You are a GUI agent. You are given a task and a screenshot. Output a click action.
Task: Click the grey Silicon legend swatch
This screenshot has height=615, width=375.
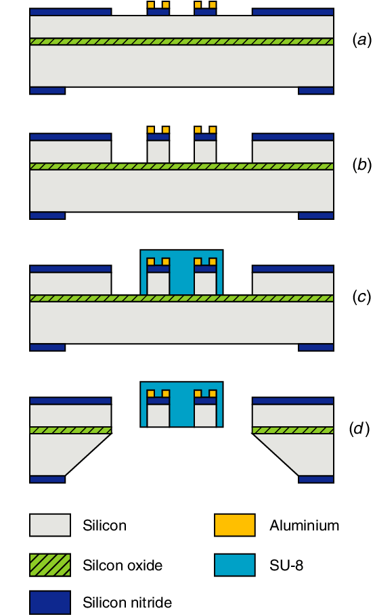[49, 525]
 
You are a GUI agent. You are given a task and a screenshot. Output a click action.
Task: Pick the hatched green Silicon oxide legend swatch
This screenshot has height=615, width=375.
[49, 564]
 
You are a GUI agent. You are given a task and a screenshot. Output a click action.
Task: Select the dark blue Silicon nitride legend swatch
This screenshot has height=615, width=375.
[49, 601]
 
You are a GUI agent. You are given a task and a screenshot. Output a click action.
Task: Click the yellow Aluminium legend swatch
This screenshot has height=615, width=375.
[234, 525]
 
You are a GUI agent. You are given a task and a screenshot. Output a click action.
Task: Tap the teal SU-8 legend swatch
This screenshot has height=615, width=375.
[234, 564]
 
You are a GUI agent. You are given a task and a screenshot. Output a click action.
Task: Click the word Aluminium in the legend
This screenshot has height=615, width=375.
[304, 525]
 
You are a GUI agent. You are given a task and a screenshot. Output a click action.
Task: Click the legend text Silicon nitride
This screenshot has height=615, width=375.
[127, 601]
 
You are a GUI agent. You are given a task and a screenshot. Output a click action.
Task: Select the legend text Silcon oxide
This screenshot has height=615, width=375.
[122, 564]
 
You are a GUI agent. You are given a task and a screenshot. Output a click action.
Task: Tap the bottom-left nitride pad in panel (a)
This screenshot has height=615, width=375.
[47, 91]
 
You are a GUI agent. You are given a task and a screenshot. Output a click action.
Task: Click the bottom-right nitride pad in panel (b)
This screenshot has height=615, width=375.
[316, 216]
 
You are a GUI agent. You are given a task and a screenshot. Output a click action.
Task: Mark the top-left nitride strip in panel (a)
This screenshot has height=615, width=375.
[70, 12]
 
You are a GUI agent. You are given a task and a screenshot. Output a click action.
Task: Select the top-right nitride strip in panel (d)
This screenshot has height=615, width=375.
[292, 401]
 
